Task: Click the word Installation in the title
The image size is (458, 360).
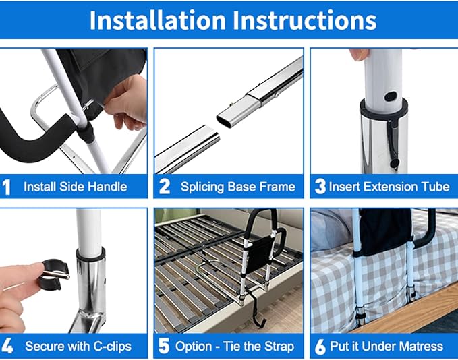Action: click(x=159, y=20)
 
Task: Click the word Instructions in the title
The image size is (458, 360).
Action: click(x=304, y=20)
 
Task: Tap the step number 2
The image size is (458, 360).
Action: click(x=164, y=187)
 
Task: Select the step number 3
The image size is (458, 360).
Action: click(x=320, y=187)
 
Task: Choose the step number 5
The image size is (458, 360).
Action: click(x=164, y=347)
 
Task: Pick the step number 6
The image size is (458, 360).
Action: click(x=320, y=347)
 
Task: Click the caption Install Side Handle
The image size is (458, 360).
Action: click(x=75, y=187)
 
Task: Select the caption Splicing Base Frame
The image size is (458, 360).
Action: click(x=237, y=187)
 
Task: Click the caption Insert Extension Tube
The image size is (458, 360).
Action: click(x=389, y=187)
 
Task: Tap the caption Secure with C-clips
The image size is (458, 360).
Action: click(x=78, y=347)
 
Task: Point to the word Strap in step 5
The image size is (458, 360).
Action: click(x=277, y=347)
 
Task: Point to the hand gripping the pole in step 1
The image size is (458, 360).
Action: click(x=128, y=101)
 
